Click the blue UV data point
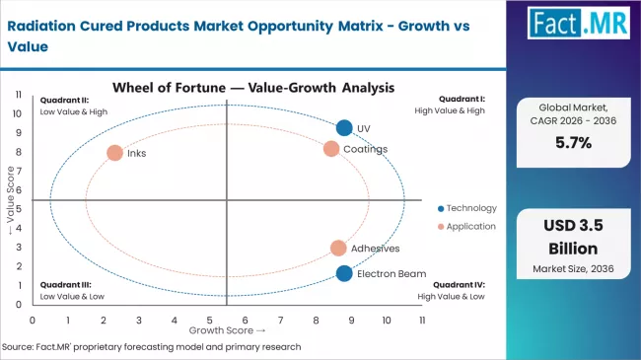[343, 127]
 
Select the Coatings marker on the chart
[331, 149]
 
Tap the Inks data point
[114, 153]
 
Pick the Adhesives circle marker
[338, 249]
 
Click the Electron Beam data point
[343, 273]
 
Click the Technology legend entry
[467, 208]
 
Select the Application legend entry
[467, 228]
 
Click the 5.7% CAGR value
[573, 143]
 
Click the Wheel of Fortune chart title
[253, 88]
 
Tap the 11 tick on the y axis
[20, 94]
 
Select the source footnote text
[152, 347]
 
